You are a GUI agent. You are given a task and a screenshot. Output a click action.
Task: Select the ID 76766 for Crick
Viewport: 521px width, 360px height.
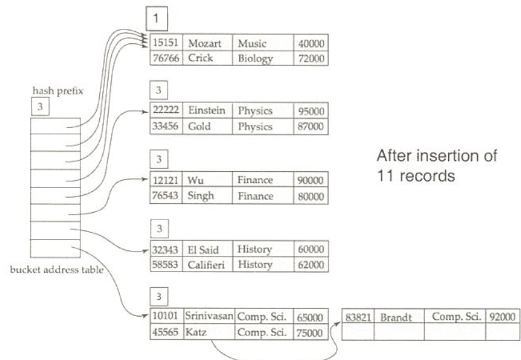(x=166, y=58)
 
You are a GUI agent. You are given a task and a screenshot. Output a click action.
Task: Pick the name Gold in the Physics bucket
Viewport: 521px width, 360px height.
(x=198, y=125)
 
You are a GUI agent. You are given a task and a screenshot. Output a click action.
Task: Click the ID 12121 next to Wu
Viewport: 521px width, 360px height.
(x=166, y=181)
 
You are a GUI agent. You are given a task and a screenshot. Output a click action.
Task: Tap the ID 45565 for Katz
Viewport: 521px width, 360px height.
(x=166, y=332)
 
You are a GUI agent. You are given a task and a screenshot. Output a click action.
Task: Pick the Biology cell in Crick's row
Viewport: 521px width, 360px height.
(x=254, y=58)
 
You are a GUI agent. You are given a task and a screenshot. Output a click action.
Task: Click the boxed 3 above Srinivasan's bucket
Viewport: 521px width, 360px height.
(x=159, y=294)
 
